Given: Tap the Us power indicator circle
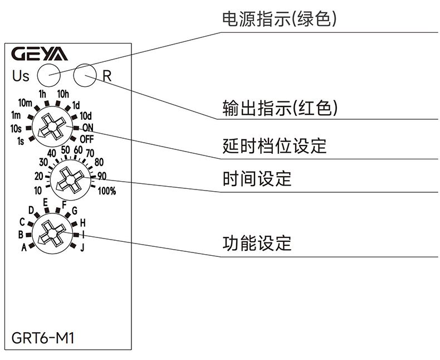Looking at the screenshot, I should [x=48, y=74].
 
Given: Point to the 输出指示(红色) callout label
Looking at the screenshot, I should [x=280, y=108].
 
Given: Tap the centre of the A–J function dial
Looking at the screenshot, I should [x=51, y=233].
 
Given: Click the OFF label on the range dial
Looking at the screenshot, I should [x=86, y=138].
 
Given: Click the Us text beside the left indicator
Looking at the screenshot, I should [x=21, y=75].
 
